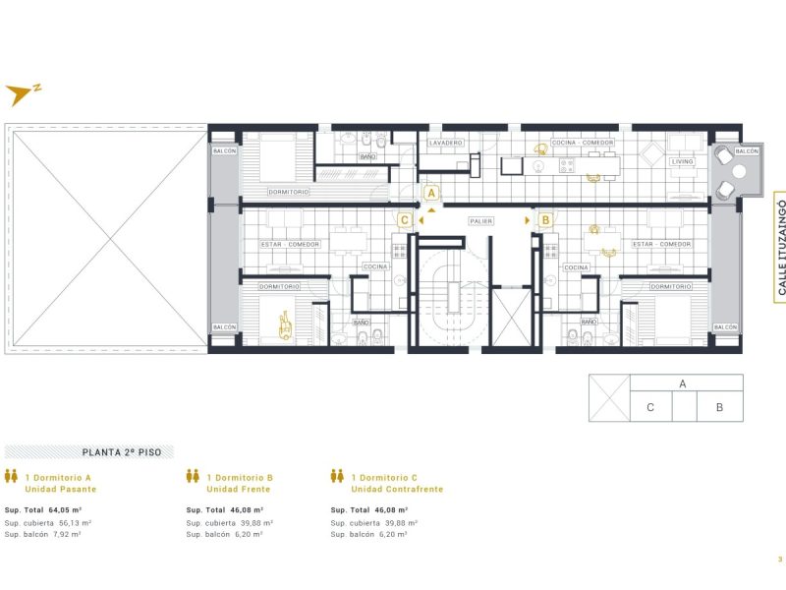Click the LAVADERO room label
447,144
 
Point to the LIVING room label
682,161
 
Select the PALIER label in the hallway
481,221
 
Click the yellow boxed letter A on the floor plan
430,194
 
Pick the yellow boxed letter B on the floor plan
545,221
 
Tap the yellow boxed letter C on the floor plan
405,221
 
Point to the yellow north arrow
20,94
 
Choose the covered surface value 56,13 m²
71,523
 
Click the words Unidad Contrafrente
397,489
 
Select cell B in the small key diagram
719,407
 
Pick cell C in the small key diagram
650,407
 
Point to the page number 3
779,560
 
